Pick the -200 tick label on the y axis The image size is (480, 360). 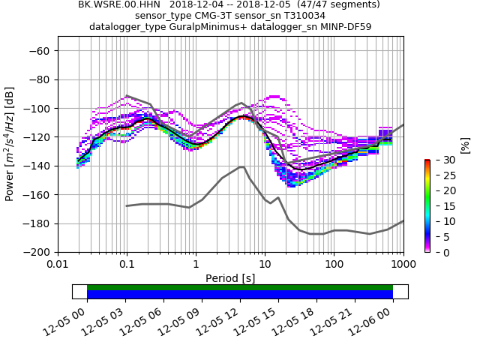tap(37, 252)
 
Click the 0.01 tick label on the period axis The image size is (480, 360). tap(58, 264)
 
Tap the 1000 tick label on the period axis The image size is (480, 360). tap(403, 264)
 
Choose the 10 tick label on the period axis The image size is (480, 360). tap(265, 264)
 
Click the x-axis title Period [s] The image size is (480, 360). tap(230, 277)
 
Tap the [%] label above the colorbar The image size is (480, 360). tap(465, 145)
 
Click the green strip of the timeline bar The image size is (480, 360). tap(240, 287)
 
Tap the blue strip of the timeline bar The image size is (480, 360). tap(240, 295)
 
